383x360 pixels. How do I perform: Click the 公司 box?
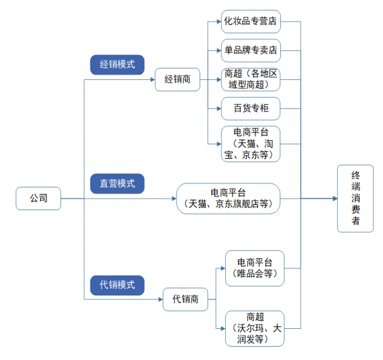38,198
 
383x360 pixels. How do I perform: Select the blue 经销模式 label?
117,63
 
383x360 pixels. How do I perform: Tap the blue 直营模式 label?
117,183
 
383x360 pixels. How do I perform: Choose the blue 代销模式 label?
117,284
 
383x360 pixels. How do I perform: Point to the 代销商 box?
185,299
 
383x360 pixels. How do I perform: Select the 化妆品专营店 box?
250,21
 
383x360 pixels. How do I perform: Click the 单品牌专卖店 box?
250,50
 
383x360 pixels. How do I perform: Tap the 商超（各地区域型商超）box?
250,79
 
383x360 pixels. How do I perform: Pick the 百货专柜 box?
250,109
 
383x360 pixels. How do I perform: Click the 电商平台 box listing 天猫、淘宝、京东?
250,143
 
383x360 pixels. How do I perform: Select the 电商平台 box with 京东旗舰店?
228,198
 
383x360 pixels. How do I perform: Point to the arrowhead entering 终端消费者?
334,198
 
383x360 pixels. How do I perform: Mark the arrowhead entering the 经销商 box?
152,80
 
